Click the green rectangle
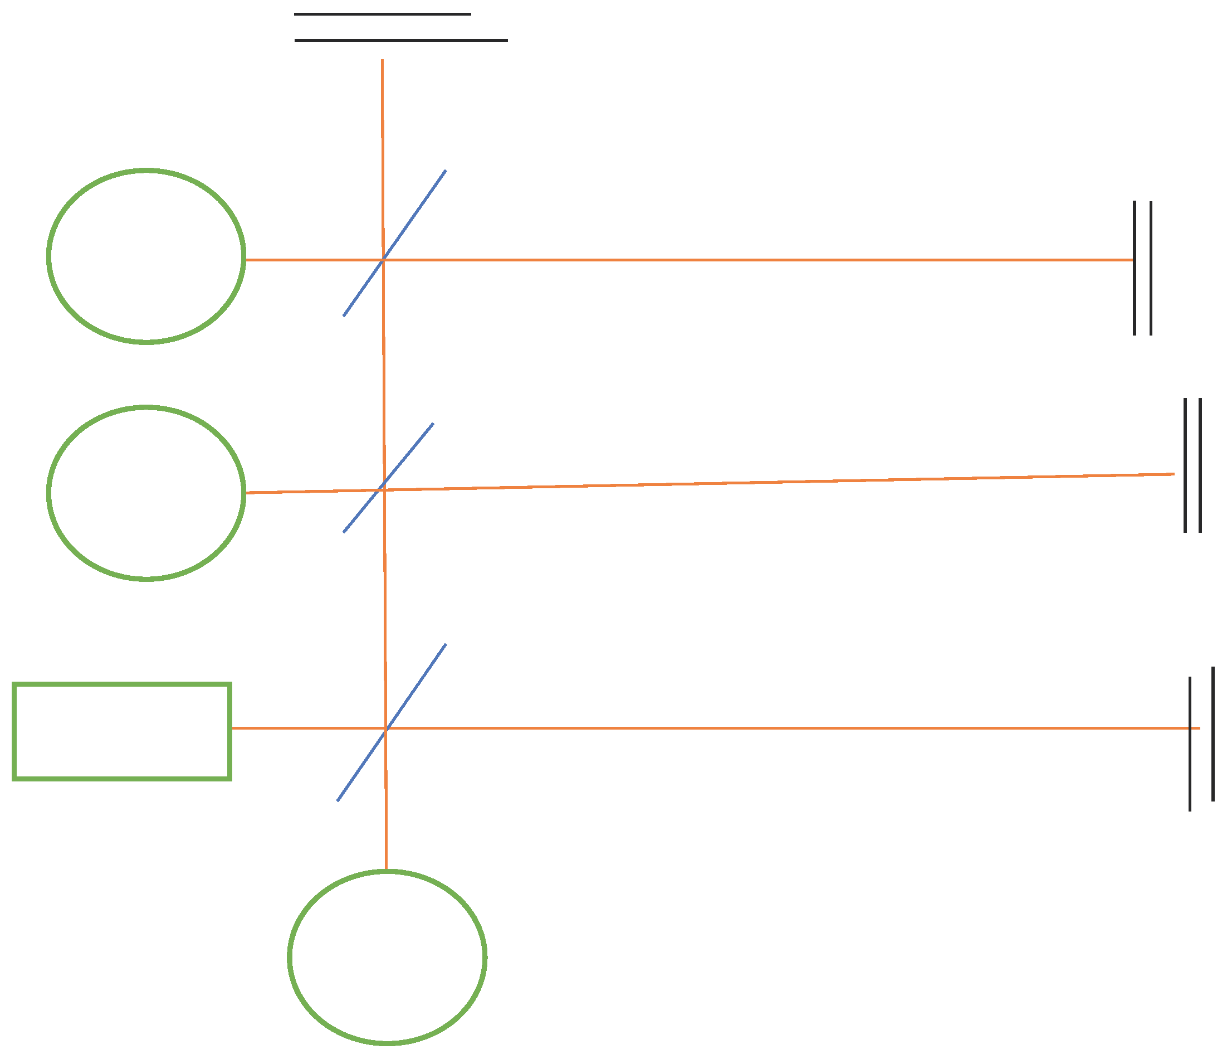coord(122,731)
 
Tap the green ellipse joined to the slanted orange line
coord(146,493)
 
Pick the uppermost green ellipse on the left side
coord(146,256)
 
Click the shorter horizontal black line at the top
coord(382,14)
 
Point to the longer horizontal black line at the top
coord(402,41)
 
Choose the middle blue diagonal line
coord(410,451)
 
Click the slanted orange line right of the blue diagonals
coord(773,482)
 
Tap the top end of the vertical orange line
coord(382,61)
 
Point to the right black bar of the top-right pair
coord(1151,268)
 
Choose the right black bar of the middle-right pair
coord(1200,465)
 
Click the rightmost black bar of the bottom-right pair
coord(1213,734)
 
